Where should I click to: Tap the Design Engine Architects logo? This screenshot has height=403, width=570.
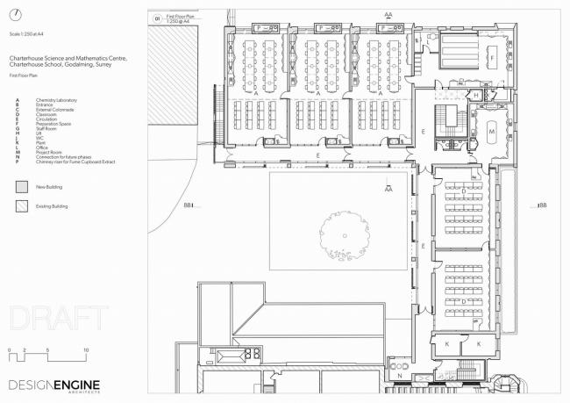(x=55, y=385)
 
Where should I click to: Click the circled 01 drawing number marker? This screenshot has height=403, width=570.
(x=158, y=18)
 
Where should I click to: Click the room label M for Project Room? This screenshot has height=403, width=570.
(x=492, y=132)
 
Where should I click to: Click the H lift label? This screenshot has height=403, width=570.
(x=474, y=95)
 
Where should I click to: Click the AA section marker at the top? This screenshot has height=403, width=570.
(x=388, y=14)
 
